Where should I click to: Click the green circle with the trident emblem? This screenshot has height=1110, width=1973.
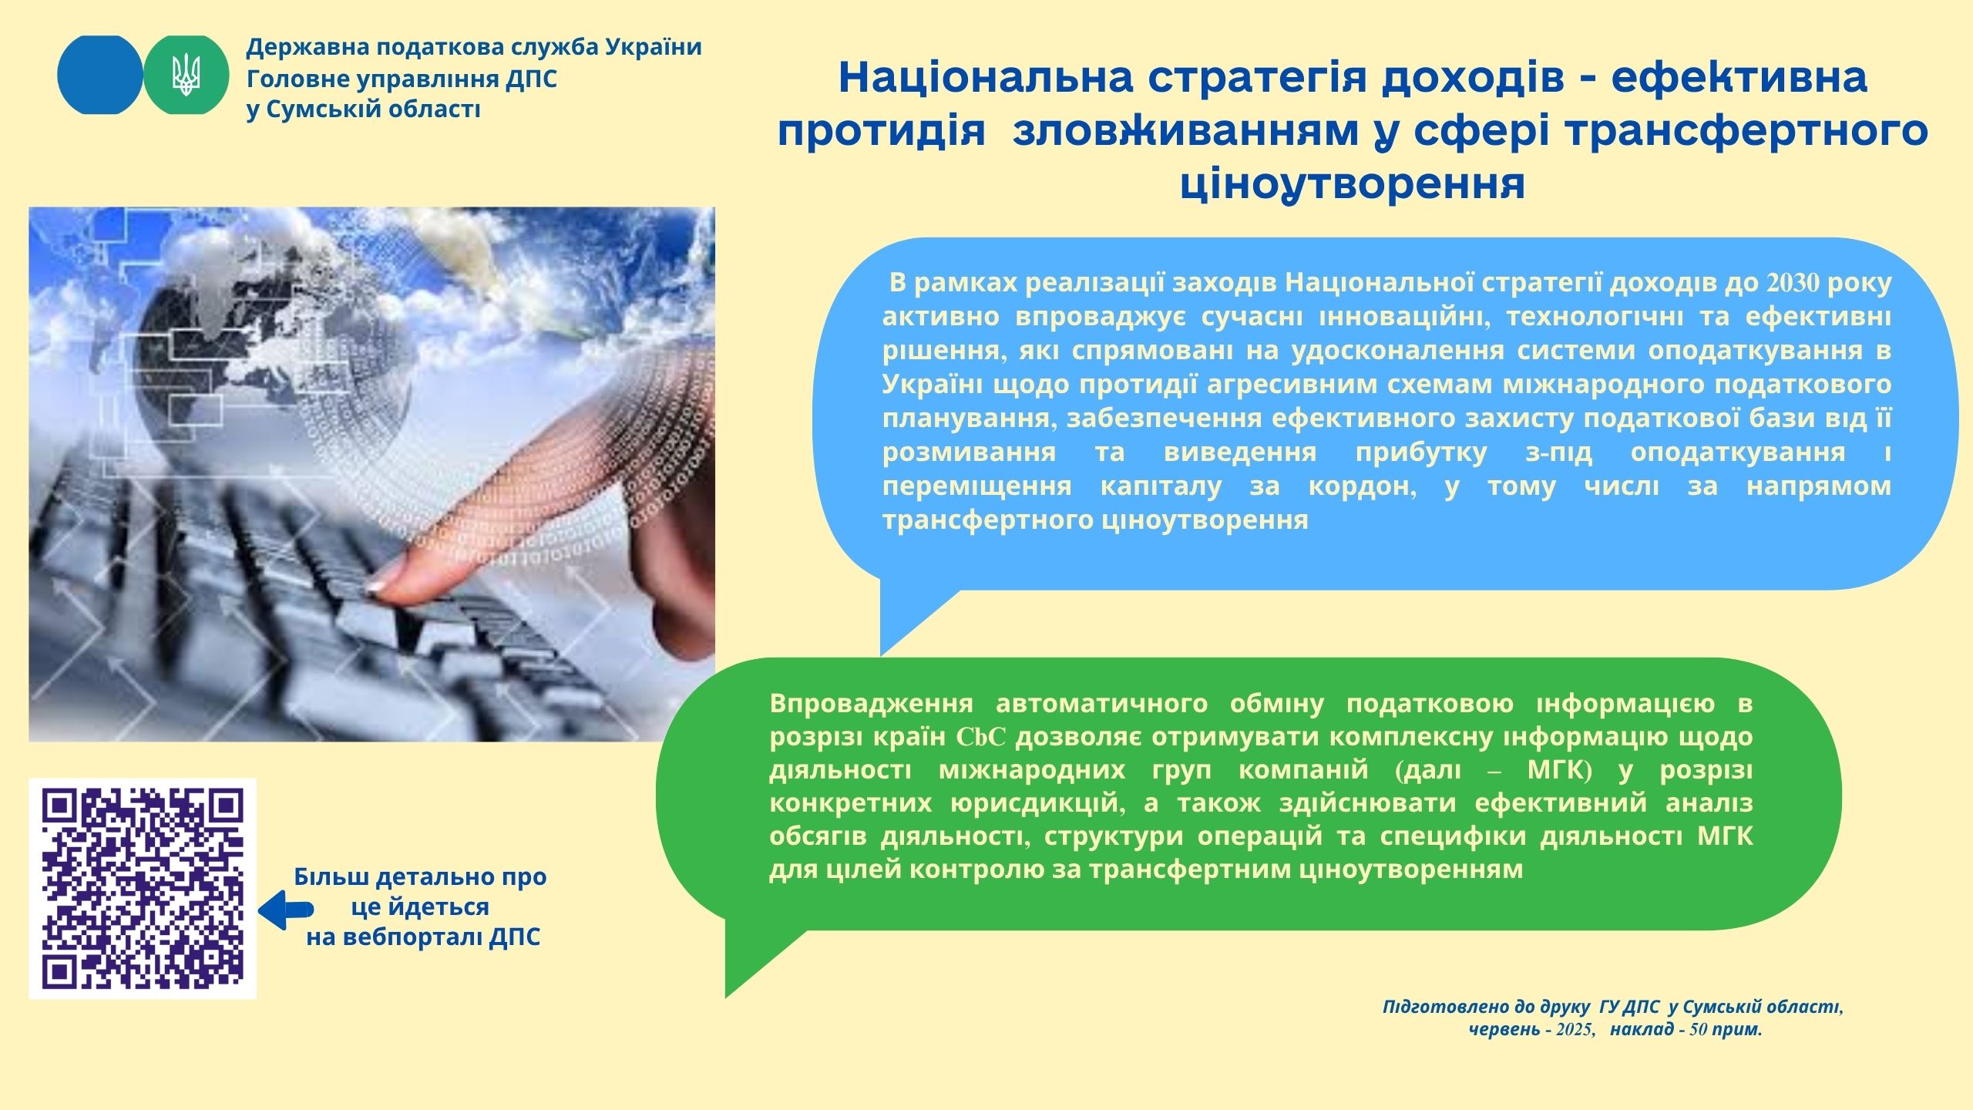point(187,75)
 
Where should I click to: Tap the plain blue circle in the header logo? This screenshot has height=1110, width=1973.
point(100,75)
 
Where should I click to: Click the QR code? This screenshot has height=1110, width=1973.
point(143,889)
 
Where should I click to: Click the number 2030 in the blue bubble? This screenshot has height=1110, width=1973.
point(1793,284)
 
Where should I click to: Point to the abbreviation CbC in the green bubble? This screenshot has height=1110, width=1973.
point(981,738)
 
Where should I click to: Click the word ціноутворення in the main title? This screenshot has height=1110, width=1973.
point(1353,183)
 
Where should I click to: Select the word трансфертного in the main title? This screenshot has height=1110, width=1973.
point(1729,132)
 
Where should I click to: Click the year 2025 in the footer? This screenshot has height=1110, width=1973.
point(1576,1029)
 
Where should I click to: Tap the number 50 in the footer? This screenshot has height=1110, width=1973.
point(1698,1029)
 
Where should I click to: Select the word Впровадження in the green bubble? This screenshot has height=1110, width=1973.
point(871,705)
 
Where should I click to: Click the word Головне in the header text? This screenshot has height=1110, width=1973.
point(292,79)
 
